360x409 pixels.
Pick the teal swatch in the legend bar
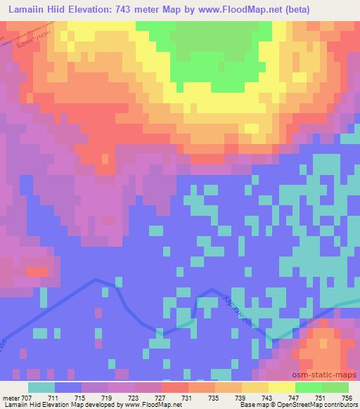point(41,387)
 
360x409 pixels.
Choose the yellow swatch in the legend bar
point(281,387)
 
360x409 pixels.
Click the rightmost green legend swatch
point(335,387)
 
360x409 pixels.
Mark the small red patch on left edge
point(39,270)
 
